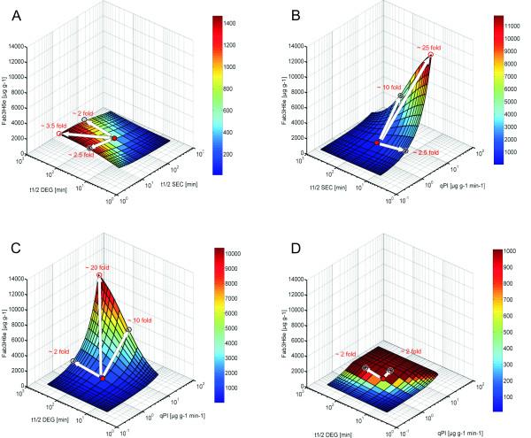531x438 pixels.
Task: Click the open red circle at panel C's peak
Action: point(99,276)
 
